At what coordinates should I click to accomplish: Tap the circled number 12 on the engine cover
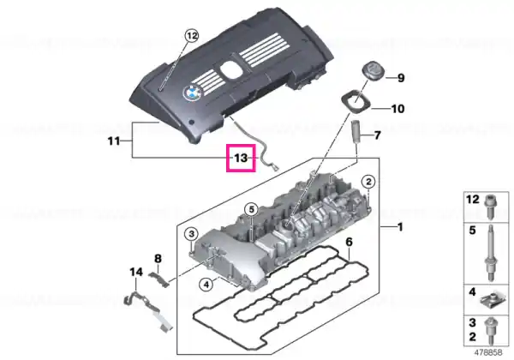click(192, 35)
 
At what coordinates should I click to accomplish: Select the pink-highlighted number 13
click(241, 158)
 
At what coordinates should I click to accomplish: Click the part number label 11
click(113, 141)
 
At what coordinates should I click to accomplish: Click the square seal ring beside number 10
click(356, 100)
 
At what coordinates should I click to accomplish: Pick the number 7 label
click(377, 135)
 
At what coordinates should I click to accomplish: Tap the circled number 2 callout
click(368, 182)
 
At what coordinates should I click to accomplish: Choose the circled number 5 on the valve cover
click(251, 209)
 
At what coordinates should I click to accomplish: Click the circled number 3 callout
click(191, 234)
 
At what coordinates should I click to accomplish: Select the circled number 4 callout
click(206, 285)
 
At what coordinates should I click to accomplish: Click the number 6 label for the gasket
click(350, 243)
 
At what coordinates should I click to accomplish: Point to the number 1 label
click(399, 227)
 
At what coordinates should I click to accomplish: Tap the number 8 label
click(158, 259)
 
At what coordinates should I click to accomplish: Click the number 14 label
click(136, 272)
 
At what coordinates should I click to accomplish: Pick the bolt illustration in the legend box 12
click(489, 207)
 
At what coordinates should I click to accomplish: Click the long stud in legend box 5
click(491, 253)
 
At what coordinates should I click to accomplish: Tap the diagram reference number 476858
click(488, 352)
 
